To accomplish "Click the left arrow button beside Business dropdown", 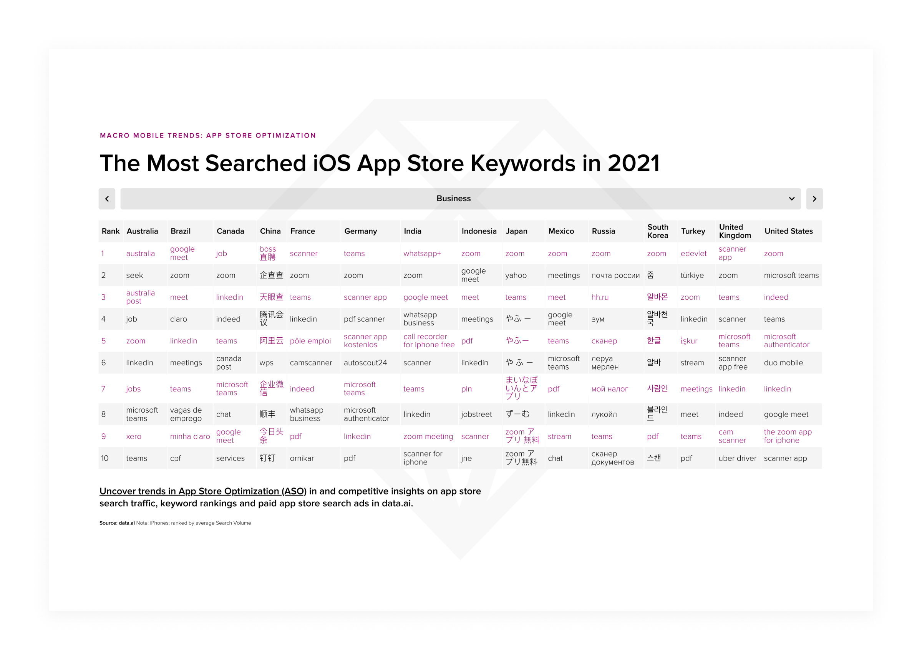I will (x=107, y=199).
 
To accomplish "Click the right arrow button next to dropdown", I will (x=814, y=199).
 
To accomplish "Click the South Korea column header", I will (x=657, y=231).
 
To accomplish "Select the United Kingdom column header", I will (x=735, y=231).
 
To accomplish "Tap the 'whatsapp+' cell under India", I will (x=422, y=254).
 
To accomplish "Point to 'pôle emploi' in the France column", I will (x=310, y=341).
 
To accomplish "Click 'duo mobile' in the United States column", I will (x=783, y=363).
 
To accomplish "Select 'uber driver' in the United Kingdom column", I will (x=737, y=458).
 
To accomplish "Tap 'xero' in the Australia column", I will (x=133, y=436).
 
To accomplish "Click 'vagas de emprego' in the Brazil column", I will (x=186, y=414).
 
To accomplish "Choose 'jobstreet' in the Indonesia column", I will (x=476, y=415).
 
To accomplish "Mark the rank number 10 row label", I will (x=105, y=458).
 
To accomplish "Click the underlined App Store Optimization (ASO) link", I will (x=203, y=491).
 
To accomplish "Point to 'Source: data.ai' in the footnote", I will (x=117, y=523).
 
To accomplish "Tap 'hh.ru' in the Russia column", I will (x=600, y=297).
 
